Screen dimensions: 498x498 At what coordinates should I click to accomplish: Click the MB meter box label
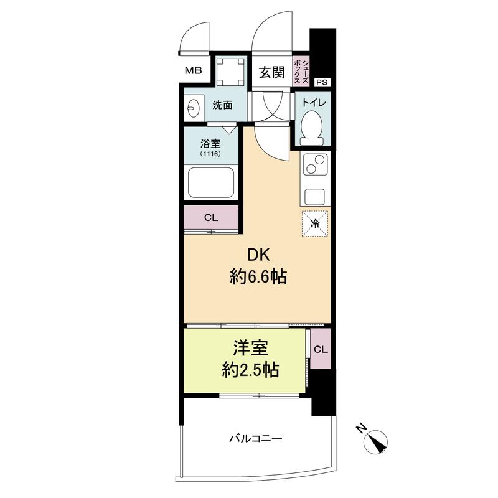(194, 70)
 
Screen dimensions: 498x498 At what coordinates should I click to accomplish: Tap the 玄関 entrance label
(271, 72)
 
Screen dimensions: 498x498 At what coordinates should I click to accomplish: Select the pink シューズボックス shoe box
(301, 72)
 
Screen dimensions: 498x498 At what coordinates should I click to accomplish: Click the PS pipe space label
(322, 82)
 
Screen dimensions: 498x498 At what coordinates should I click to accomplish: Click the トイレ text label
(314, 103)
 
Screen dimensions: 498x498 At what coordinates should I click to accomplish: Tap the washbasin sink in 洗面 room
(193, 108)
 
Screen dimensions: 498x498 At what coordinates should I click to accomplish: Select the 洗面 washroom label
(222, 105)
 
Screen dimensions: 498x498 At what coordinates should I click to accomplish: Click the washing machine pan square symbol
(230, 72)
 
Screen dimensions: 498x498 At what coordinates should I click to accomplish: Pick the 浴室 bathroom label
(210, 144)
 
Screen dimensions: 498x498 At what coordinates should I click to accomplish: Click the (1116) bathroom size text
(210, 154)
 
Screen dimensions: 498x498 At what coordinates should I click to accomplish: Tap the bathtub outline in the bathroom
(211, 182)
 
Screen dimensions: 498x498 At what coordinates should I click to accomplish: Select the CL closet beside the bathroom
(211, 217)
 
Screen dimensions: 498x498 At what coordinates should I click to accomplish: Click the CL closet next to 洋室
(321, 349)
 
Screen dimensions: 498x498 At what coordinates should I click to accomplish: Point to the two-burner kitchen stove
(315, 164)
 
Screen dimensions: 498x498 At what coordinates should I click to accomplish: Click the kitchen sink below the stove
(315, 197)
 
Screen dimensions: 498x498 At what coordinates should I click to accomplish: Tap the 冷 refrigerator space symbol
(315, 223)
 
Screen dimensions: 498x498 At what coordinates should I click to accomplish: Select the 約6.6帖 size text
(258, 276)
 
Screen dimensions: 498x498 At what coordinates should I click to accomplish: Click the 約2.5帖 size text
(250, 370)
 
